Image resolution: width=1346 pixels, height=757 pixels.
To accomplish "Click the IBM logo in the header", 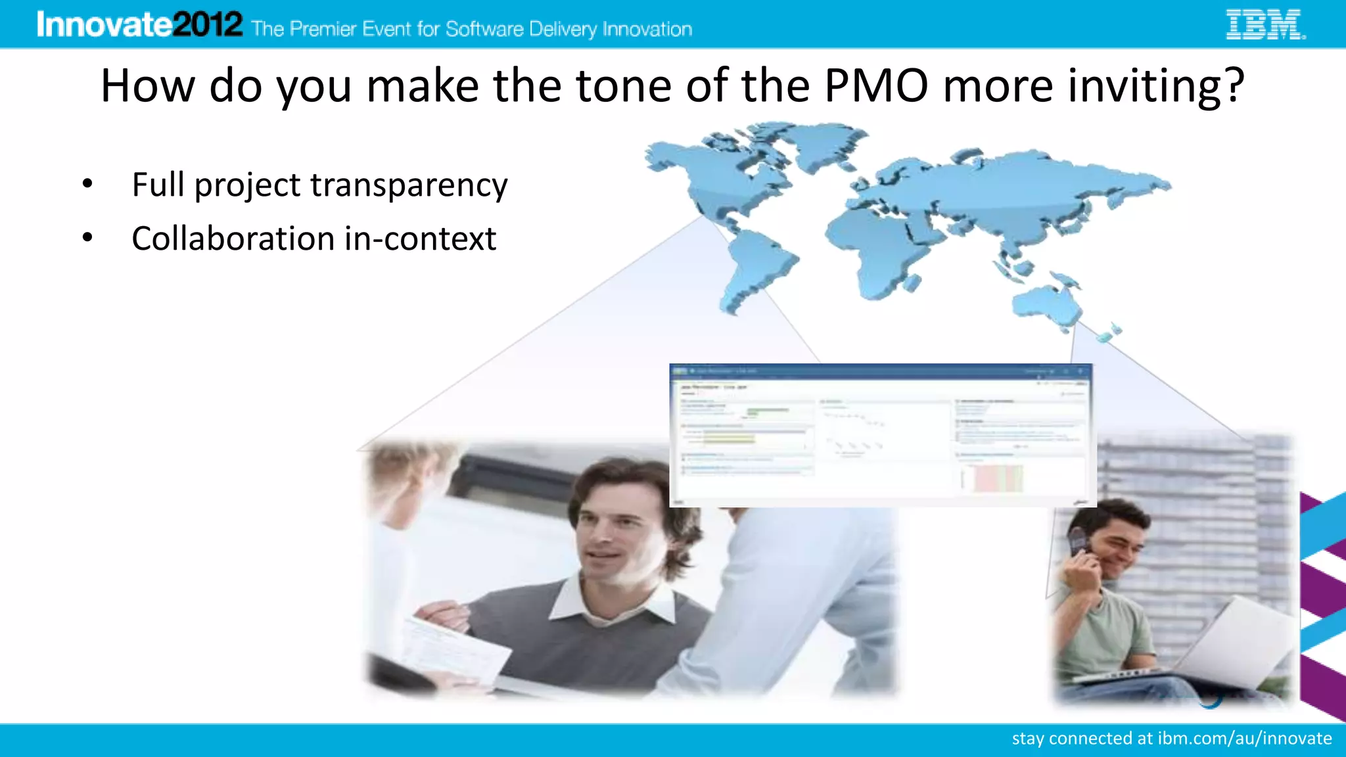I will (x=1265, y=25).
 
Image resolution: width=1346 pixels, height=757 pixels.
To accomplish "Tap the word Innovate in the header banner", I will (x=104, y=25).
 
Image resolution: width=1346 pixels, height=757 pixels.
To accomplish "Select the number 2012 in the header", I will (x=207, y=25).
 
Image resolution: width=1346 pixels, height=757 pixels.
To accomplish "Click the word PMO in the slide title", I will (x=876, y=86).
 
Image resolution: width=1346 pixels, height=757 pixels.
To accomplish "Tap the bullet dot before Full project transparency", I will (x=87, y=185).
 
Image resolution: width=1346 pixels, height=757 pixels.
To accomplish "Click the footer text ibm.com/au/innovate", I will (x=1244, y=739).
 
